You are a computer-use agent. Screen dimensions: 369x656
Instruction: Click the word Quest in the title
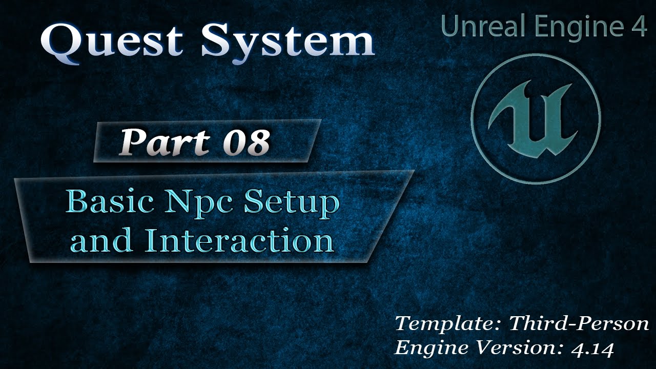[x=112, y=40]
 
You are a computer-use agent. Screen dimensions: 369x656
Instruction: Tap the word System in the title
[x=288, y=40]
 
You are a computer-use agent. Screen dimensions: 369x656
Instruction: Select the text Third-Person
[x=579, y=324]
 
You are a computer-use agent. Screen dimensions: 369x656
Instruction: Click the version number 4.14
[x=592, y=348]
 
